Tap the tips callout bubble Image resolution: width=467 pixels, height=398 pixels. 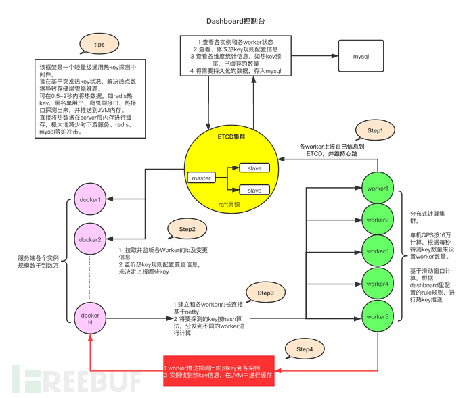99,44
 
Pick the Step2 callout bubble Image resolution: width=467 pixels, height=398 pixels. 187,230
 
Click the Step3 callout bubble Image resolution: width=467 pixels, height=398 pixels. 265,293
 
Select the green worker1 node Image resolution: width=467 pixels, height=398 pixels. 378,188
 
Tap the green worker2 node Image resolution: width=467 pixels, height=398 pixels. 378,220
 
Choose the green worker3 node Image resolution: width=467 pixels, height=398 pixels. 378,251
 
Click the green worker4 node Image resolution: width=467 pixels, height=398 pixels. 378,283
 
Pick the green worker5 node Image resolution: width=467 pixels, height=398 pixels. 378,316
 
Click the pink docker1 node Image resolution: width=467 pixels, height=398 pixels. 90,199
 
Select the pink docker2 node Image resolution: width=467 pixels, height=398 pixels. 90,239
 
